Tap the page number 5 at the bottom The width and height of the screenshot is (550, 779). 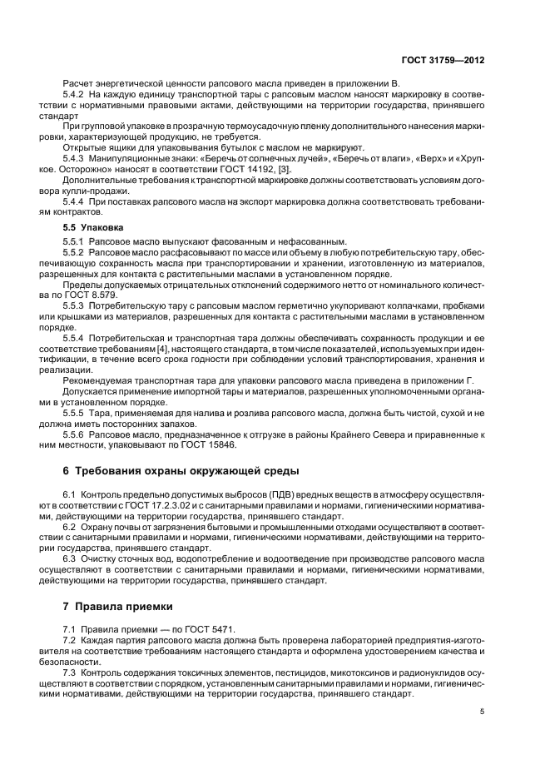pyautogui.click(x=483, y=711)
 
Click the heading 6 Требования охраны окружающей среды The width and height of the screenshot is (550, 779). pyautogui.click(x=180, y=471)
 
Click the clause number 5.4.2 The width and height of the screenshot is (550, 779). pyautogui.click(x=76, y=96)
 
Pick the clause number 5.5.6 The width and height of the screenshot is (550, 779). pyautogui.click(x=76, y=434)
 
